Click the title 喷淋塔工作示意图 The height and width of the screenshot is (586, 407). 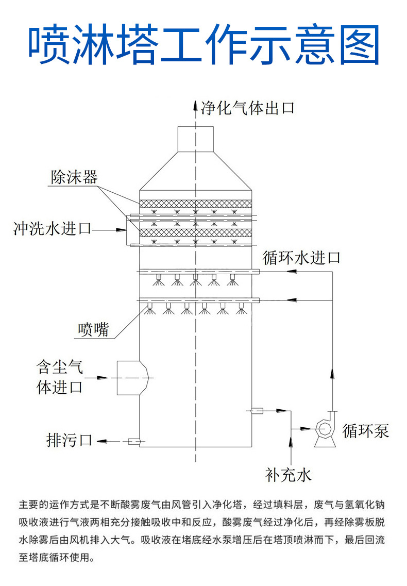tap(204, 45)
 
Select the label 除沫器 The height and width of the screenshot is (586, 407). tap(74, 177)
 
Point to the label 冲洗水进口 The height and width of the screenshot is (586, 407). tap(53, 228)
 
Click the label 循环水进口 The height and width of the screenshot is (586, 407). tap(301, 258)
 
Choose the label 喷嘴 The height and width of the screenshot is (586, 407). tap(93, 329)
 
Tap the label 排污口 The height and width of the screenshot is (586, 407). tap(70, 440)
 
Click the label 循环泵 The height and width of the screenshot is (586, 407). tap(365, 430)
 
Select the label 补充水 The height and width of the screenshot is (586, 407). tap(288, 475)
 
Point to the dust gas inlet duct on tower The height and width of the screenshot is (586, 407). tap(133, 378)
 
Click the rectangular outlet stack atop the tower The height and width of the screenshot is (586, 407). tap(195, 139)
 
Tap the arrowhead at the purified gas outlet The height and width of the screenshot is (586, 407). tap(195, 105)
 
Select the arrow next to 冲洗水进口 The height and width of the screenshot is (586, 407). tap(120, 230)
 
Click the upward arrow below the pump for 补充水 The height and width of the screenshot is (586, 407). tap(291, 442)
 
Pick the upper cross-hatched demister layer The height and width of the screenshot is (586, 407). tap(195, 204)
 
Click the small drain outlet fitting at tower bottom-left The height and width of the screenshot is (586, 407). tap(134, 441)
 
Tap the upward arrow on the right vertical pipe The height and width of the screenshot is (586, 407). tap(332, 374)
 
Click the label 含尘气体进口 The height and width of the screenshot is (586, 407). tap(60, 377)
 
